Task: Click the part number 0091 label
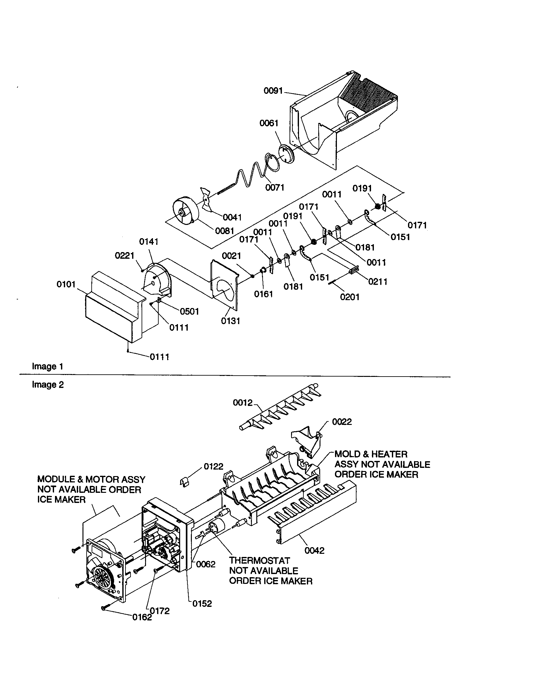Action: click(x=273, y=91)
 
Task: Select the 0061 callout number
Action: click(x=269, y=123)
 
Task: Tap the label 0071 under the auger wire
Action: click(x=275, y=187)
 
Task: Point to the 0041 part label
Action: click(x=232, y=217)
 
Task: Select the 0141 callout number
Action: click(x=149, y=242)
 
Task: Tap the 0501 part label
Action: click(x=189, y=311)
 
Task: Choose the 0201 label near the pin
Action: click(x=350, y=297)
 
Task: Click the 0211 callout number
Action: click(x=378, y=281)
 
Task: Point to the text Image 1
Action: click(x=47, y=366)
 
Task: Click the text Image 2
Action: click(x=48, y=385)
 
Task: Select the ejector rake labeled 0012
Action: click(x=280, y=410)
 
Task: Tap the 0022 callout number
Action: click(x=342, y=422)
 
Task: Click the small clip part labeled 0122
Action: click(x=185, y=482)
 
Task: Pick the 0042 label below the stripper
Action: click(x=314, y=551)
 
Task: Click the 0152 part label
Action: click(x=202, y=604)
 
